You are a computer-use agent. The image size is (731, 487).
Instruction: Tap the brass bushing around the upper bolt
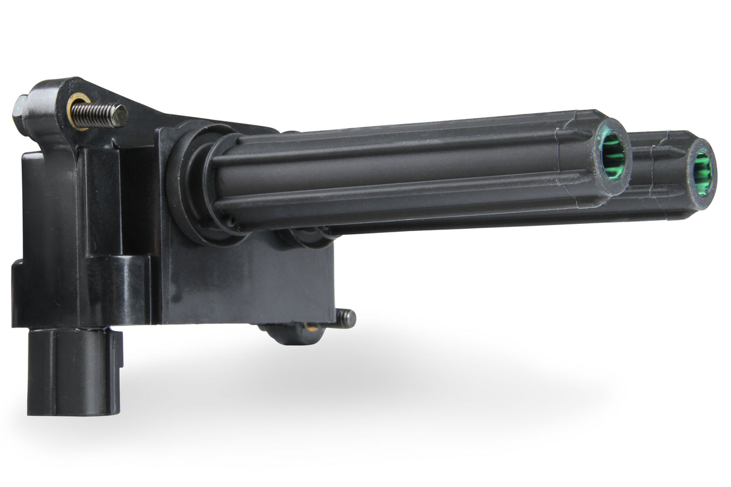click(78, 110)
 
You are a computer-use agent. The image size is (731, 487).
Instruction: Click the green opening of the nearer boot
click(612, 155)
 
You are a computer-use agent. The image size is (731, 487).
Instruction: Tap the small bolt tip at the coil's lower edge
click(346, 318)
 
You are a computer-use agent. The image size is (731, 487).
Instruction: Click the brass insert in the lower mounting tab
click(311, 328)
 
